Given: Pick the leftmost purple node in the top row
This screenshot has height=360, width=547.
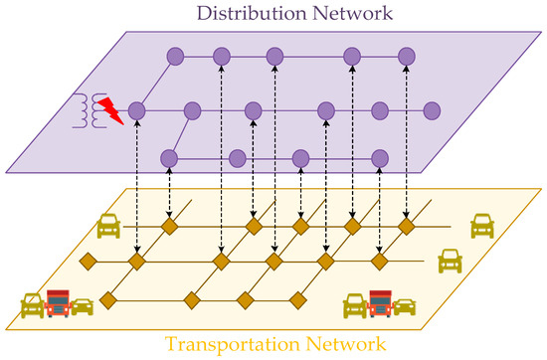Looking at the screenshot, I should pos(176,56).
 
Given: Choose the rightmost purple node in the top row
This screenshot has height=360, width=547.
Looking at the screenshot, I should pos(406,56).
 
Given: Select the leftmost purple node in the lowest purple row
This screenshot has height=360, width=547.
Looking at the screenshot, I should pos(169,157).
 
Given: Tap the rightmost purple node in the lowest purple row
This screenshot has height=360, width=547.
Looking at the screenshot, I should pos(379,157).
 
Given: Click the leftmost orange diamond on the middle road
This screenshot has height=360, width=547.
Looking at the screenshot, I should pos(88,263).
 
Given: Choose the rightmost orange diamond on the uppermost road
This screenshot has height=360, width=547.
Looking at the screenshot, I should pos(406,227).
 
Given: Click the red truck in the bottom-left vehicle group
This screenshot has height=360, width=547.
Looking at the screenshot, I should pos(59,302).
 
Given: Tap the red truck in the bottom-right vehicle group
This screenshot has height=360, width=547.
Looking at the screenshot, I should pos(381,302).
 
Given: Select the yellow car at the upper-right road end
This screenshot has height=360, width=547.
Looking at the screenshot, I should pos(482,226).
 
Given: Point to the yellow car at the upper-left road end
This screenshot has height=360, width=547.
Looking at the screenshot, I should pos(107,228).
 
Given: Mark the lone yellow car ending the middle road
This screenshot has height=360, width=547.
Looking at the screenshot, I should pos(450,262).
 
